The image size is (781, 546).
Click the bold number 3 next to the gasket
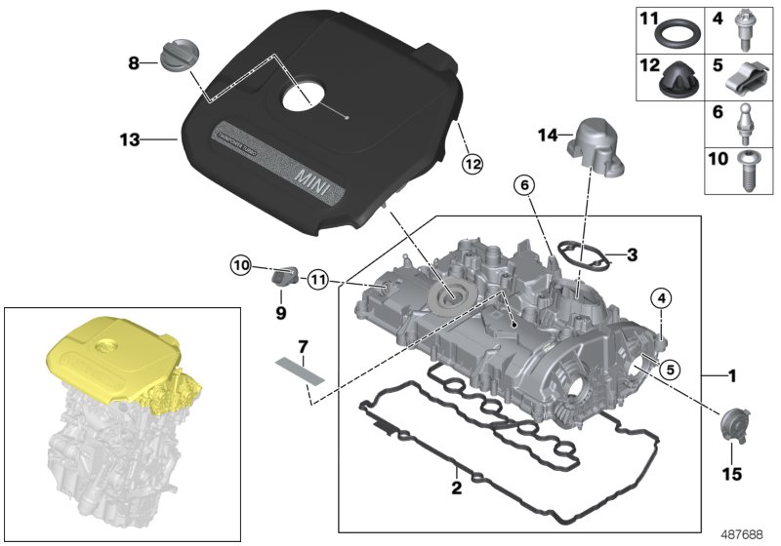[x=632, y=255]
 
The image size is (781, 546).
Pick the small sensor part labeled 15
[x=730, y=427]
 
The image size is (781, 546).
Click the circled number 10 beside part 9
[x=241, y=264]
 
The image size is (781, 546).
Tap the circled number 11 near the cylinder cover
[x=315, y=281]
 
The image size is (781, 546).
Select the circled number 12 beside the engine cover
[x=472, y=164]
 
